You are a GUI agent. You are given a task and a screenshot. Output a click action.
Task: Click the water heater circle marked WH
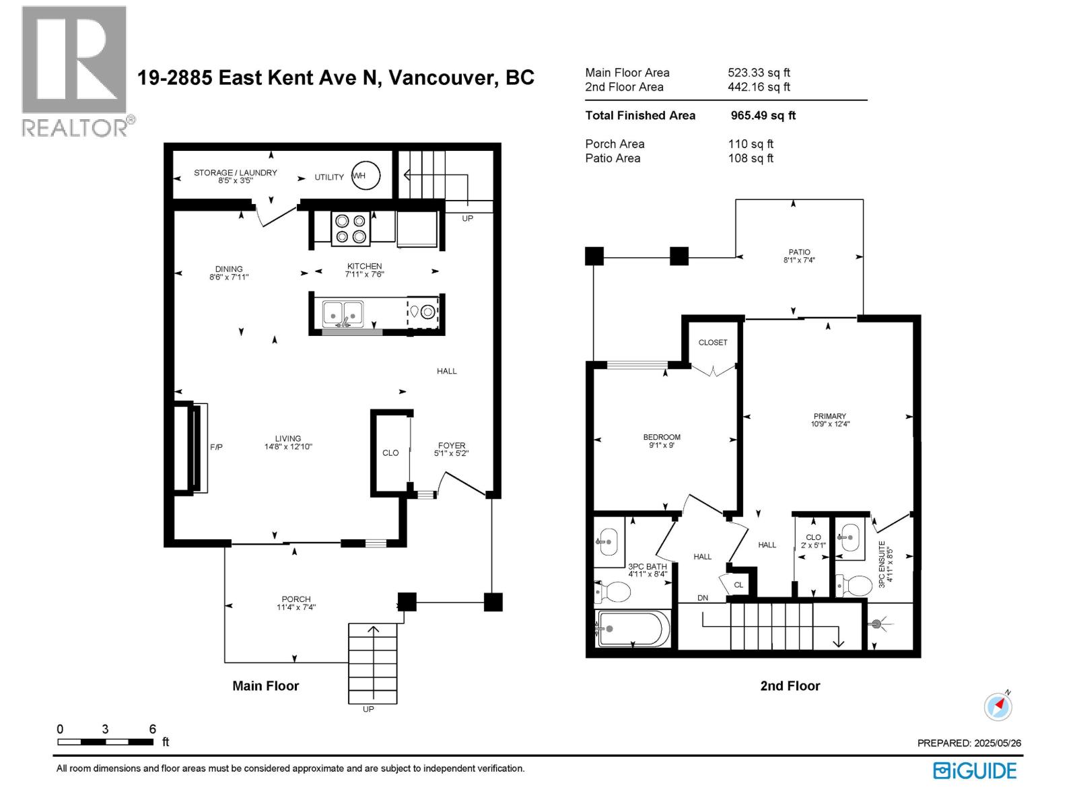point(366,175)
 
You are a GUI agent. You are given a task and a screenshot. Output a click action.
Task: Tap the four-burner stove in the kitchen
point(350,229)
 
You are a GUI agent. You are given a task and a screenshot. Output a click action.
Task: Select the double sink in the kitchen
point(343,313)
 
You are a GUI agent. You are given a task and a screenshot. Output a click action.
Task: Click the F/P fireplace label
point(216,447)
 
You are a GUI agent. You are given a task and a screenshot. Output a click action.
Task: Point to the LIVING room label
point(288,438)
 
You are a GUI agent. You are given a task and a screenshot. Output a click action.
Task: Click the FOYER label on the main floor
point(452,446)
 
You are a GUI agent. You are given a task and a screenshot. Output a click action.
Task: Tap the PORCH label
point(296,599)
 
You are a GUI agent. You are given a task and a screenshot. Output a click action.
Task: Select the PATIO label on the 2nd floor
point(799,252)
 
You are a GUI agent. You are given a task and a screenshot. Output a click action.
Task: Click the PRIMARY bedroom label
point(829,416)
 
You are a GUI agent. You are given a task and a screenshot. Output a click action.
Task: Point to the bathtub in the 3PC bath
point(632,629)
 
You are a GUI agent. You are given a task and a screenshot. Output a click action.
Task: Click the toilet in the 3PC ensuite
point(854,584)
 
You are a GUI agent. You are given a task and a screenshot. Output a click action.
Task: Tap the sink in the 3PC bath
point(609,541)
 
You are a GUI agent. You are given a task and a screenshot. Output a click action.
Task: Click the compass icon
point(998,707)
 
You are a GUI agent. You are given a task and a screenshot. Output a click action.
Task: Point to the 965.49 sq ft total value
point(763,115)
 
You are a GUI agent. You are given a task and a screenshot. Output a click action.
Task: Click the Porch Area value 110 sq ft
point(751,143)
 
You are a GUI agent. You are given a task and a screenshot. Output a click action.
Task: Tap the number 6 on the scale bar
point(153,729)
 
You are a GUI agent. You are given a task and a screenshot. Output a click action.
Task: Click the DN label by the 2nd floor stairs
point(703,598)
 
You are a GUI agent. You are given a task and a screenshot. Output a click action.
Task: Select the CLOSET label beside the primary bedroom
point(712,343)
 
